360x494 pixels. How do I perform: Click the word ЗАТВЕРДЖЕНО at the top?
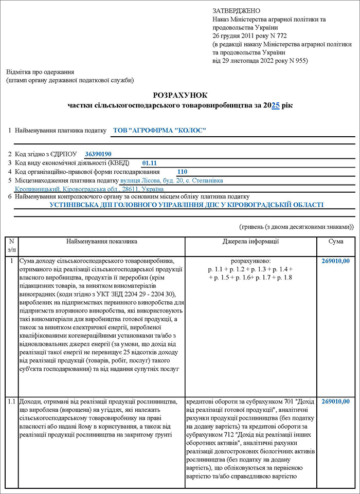236,11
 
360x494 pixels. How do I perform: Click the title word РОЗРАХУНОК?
180,95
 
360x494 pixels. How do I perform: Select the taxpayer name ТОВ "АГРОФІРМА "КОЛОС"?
159,131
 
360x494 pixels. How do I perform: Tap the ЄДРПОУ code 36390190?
98,154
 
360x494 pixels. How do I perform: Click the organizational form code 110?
182,172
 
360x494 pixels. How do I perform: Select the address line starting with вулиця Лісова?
171,180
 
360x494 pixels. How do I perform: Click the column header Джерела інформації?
251,241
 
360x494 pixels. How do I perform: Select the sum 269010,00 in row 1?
335,261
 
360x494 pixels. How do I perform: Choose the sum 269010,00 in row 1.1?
335,401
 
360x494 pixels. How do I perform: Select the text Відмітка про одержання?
40,72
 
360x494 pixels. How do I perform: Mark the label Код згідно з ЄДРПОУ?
46,154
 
